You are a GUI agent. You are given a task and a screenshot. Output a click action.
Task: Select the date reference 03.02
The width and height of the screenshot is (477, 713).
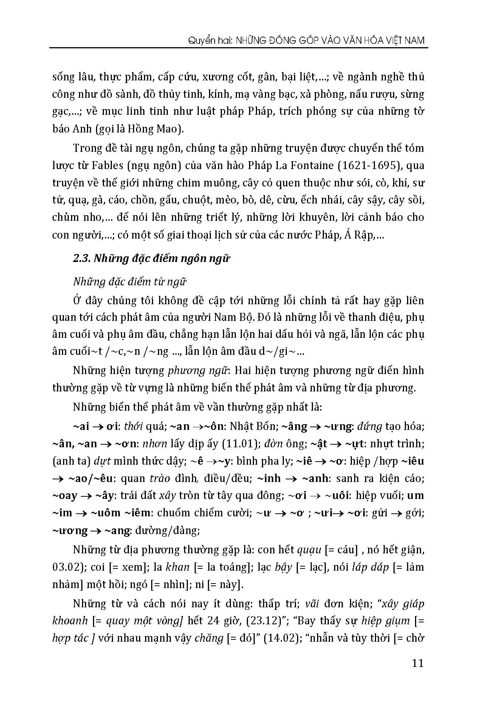65,567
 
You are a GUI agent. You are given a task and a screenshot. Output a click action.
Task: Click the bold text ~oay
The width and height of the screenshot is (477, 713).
65,496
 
